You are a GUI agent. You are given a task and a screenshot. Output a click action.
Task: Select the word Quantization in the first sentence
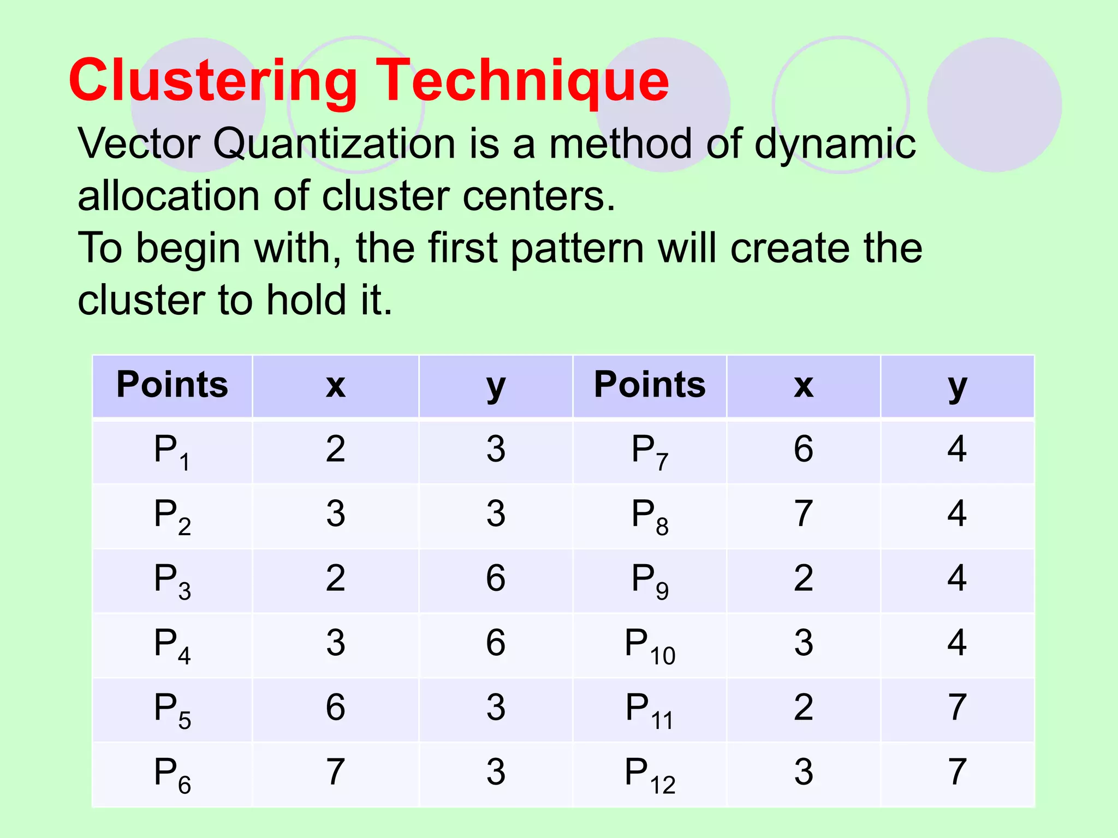point(334,143)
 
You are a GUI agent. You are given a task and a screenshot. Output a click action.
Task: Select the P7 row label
point(650,451)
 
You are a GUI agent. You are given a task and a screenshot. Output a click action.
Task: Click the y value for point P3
point(496,578)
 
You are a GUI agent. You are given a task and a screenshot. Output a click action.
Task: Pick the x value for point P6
point(335,772)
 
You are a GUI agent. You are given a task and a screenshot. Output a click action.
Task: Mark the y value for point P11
point(957,708)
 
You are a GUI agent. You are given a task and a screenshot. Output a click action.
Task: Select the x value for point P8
point(804,514)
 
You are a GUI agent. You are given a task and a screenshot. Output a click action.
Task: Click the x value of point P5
point(335,708)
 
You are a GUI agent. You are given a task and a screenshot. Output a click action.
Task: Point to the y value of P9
point(957,578)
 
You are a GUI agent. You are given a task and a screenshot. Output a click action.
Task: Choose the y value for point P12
point(957,772)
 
